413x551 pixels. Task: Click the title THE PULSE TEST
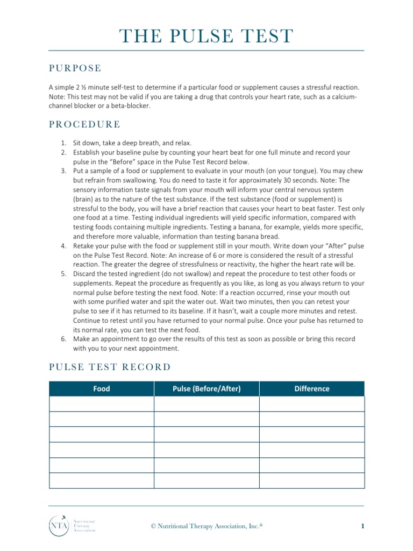[x=206, y=36]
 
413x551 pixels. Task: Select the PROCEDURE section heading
[x=84, y=124]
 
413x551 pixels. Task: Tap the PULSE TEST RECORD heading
[x=110, y=367]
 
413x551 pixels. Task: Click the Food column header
[x=101, y=388]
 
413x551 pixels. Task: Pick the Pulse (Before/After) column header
[x=206, y=388]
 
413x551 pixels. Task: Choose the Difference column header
[x=312, y=388]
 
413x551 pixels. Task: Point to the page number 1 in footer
[x=362, y=525]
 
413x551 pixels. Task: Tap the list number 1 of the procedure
[x=62, y=143]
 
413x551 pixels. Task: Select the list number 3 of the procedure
[x=62, y=171]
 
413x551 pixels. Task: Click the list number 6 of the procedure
[x=62, y=339]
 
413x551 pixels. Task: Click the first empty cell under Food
[x=101, y=404]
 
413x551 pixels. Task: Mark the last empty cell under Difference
[x=312, y=481]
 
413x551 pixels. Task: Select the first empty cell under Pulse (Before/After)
[x=206, y=404]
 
